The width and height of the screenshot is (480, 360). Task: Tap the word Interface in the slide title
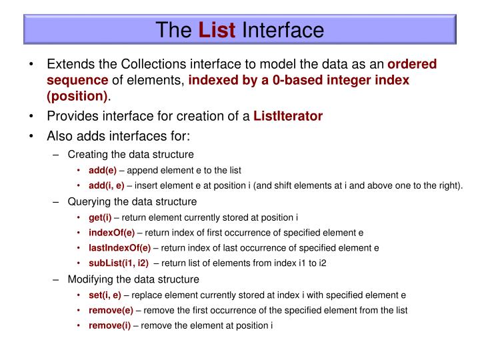[283, 30]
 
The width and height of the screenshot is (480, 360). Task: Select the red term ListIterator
[288, 115]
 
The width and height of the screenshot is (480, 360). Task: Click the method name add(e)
[103, 170]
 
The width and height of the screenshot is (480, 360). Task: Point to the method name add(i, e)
[107, 185]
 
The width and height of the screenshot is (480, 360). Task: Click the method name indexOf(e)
[111, 233]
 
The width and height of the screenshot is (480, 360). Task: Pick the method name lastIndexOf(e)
[118, 247]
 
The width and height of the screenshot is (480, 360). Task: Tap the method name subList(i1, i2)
[119, 263]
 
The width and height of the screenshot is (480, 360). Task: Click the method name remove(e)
[111, 310]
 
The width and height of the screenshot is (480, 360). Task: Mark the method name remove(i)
[109, 325]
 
